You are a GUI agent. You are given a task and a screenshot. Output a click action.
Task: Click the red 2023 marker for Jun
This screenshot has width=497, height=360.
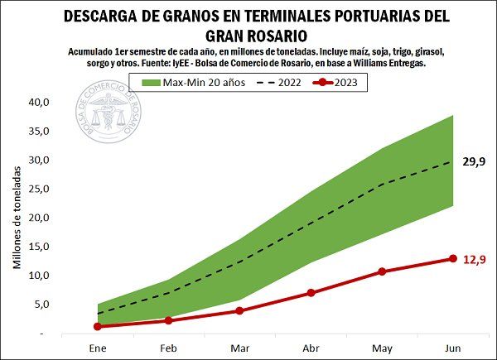453,259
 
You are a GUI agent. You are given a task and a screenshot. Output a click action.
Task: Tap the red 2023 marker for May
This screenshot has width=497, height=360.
382,271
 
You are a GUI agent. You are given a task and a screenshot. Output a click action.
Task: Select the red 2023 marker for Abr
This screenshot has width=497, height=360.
311,293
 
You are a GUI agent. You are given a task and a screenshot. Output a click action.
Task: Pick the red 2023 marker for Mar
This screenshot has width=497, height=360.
239,311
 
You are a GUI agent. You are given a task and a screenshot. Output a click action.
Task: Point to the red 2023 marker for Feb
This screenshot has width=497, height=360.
168,320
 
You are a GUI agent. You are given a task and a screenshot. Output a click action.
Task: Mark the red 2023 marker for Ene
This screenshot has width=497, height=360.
98,327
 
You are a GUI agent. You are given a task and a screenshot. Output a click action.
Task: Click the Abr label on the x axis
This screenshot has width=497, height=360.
311,348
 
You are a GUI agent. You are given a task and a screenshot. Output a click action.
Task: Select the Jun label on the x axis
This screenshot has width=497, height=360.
453,348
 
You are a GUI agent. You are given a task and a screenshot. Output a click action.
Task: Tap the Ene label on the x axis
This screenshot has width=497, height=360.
98,348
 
